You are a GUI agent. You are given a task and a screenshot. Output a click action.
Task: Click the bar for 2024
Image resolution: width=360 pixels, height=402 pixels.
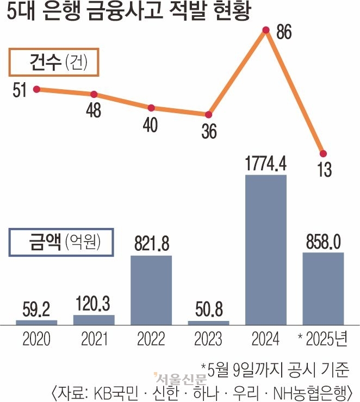point(266,250)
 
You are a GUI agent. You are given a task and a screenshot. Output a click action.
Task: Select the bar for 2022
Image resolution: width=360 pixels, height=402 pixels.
point(151,290)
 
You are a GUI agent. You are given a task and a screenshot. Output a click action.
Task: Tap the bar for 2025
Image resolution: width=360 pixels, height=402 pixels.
point(323,288)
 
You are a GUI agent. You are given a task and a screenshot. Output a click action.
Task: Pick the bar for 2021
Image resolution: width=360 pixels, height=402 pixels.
point(94,320)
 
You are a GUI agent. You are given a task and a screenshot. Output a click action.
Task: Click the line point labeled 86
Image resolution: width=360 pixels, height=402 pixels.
point(266,30)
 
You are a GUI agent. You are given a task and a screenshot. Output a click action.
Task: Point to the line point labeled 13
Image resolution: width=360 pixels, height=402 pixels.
point(323,153)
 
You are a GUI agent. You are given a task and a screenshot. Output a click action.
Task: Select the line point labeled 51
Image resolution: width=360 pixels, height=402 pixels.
point(36,89)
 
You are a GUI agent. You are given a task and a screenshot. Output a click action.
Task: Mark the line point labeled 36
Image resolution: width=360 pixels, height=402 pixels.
point(209,115)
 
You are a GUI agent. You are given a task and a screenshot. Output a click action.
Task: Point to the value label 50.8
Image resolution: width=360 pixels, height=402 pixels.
point(209,311)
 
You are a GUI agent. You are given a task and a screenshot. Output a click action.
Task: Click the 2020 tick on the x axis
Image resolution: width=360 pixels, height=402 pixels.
point(36,339)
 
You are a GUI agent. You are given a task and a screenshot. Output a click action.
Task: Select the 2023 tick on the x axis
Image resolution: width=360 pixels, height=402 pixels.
point(209,339)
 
